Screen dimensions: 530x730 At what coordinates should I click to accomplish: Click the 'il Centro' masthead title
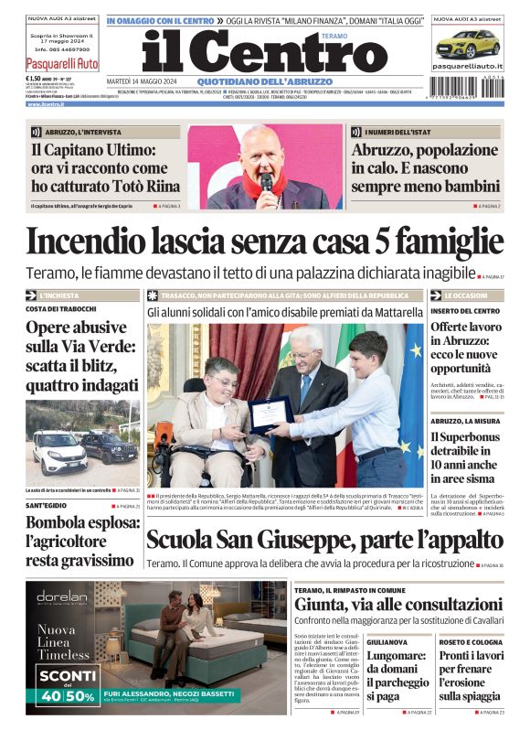tap(251, 53)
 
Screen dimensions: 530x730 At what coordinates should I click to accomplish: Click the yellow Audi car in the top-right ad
tap(467, 42)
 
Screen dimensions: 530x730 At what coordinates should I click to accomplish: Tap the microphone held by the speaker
tap(267, 181)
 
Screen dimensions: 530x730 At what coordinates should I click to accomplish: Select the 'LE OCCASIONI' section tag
tap(466, 296)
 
